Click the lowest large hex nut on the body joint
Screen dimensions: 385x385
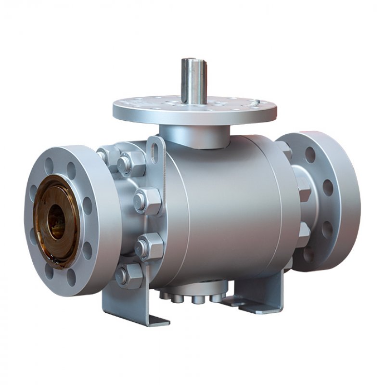pyautogui.click(x=128, y=275)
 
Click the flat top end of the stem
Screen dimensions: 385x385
pyautogui.click(x=194, y=60)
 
